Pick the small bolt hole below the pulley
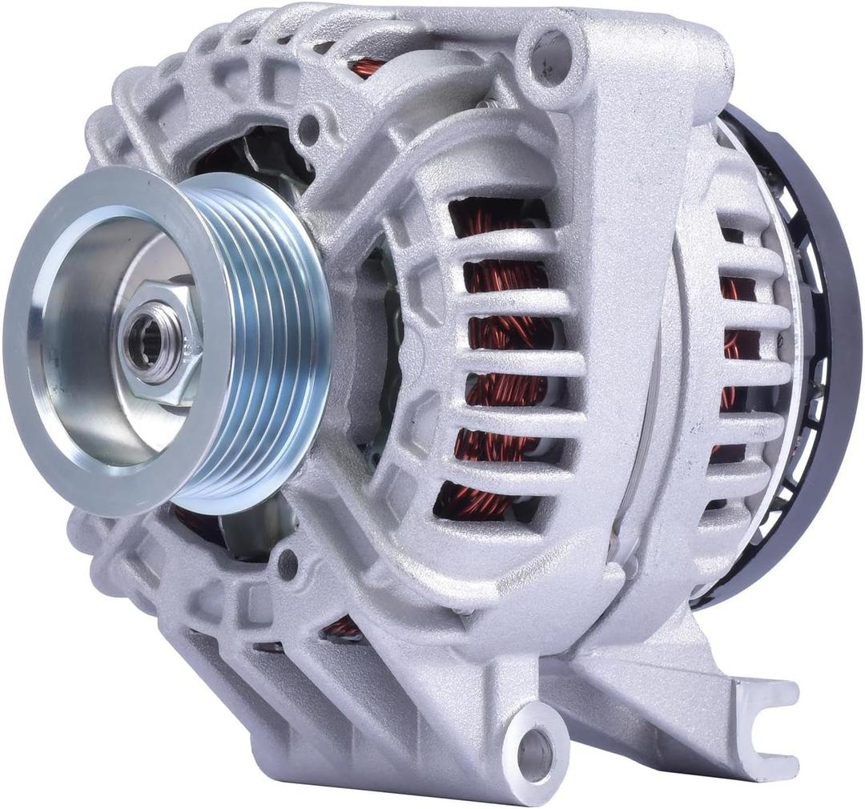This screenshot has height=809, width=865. pos(287,567)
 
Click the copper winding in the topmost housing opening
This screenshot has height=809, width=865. pos(368,67)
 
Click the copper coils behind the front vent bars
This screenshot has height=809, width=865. pos(505,336)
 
